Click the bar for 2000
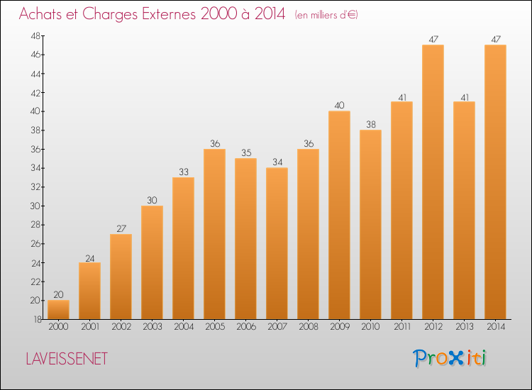click(x=58, y=310)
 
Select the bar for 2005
click(x=214, y=234)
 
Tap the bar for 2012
click(x=433, y=182)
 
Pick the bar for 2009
click(x=339, y=215)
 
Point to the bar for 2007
click(x=277, y=243)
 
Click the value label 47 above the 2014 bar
click(x=496, y=39)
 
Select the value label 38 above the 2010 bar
click(x=371, y=125)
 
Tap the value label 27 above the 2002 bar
click(x=121, y=229)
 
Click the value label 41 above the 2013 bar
click(x=465, y=98)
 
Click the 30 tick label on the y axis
click(x=35, y=206)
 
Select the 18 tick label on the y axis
click(x=38, y=320)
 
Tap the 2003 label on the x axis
click(x=153, y=327)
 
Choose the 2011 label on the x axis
click(x=402, y=327)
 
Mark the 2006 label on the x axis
click(x=246, y=327)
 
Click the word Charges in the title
click(x=110, y=14)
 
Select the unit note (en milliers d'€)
click(x=326, y=16)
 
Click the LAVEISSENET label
click(x=67, y=359)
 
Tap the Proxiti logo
click(x=450, y=358)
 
